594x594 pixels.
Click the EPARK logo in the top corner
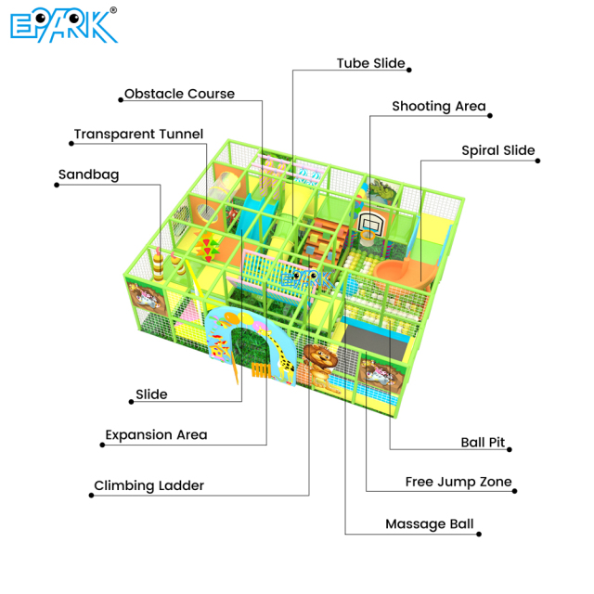(63, 26)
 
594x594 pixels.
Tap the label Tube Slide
(370, 64)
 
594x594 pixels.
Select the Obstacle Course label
(179, 94)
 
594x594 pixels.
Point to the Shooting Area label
(438, 107)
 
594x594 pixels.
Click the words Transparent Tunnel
(138, 135)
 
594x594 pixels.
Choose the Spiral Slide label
(497, 150)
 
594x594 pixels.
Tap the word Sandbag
(88, 174)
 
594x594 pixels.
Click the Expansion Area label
(156, 434)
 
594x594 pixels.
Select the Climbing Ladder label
(148, 485)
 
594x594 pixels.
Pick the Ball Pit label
(483, 443)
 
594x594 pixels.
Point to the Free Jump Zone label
(458, 483)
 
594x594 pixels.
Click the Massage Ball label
(429, 524)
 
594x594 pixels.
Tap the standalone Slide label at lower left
(151, 394)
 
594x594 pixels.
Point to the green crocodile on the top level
(381, 193)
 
